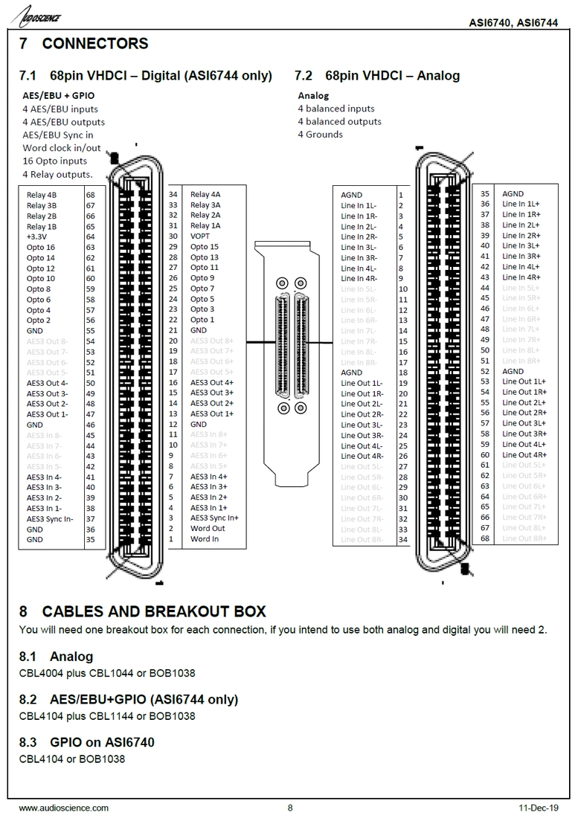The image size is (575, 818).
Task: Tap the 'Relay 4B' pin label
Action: point(42,195)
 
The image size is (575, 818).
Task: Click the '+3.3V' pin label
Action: point(37,236)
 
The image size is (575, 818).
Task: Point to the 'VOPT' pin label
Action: point(201,236)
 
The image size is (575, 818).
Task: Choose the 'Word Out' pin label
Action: point(208,529)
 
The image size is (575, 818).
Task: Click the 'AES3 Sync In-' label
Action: point(50,518)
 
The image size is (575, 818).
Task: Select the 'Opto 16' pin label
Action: point(40,247)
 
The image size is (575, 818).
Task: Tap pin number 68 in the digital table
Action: point(90,195)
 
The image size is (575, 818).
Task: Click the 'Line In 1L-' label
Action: point(359,205)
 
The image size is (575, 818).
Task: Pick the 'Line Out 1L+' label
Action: point(524,381)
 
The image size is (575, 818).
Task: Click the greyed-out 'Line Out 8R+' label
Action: point(524,538)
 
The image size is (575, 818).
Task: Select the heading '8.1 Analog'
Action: point(57,657)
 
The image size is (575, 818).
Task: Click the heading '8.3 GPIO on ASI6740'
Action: point(87,742)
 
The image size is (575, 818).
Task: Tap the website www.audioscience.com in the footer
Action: point(63,808)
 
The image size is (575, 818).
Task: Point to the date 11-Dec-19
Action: point(538,808)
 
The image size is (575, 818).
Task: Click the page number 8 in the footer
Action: point(290,808)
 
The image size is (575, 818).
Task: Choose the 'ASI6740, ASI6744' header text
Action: point(513,22)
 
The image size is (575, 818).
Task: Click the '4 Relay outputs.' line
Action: point(57,174)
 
